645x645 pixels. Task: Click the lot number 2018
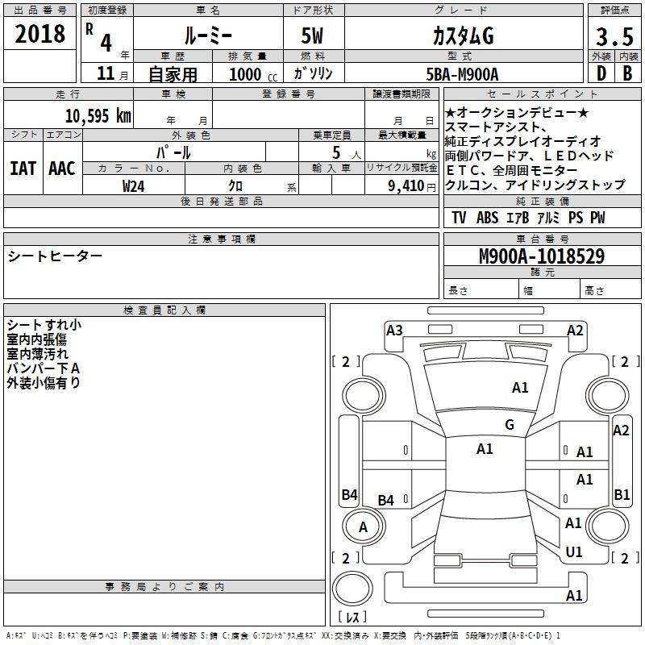40,34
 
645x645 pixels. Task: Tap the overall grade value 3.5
614,37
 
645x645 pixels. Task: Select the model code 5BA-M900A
462,74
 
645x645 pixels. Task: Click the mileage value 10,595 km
98,116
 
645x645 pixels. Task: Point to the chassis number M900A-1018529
542,256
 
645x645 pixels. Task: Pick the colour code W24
133,186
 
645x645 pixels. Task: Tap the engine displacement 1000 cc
253,74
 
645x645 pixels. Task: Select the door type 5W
312,35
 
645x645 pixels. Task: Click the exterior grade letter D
601,73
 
